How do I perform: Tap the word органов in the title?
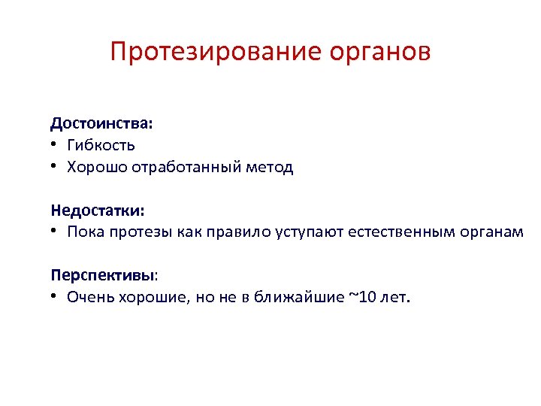click(379, 53)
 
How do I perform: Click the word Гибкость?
click(101, 144)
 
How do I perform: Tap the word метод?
click(270, 167)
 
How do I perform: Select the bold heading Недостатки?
click(98, 209)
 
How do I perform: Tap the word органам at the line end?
click(491, 232)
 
